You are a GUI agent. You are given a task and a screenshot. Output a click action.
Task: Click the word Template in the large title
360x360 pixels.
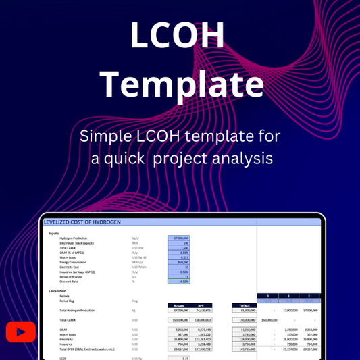(180, 84)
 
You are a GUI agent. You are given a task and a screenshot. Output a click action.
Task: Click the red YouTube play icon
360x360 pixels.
(20, 332)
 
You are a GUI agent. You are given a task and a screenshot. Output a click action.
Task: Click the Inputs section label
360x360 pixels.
(54, 233)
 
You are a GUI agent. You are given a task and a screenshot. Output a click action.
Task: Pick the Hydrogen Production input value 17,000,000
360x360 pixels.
(178, 238)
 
